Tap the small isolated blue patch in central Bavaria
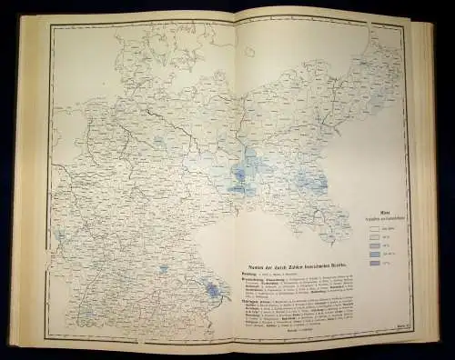[x=163, y=269]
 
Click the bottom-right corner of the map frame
[x=407, y=339]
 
